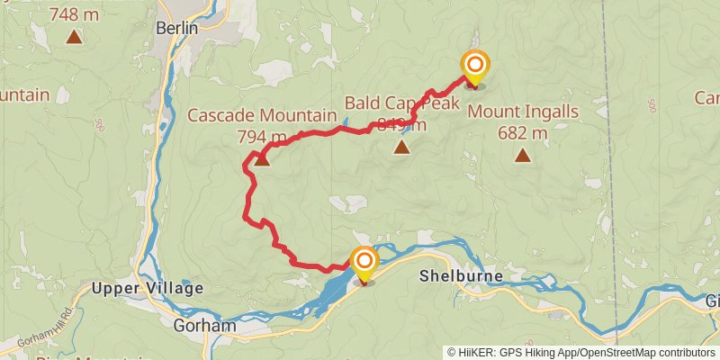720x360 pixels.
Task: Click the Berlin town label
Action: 176,28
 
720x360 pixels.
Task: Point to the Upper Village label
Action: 148,288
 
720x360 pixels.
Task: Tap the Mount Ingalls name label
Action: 522,112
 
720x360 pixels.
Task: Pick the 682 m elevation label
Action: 522,133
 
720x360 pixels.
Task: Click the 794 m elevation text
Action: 261,137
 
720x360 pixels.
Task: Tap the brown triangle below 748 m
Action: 73,37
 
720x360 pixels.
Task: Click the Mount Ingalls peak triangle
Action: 522,156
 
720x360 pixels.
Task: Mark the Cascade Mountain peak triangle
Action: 261,160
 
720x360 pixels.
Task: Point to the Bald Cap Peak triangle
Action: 401,146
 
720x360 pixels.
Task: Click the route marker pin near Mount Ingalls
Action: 474,66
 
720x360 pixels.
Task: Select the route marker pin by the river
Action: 364,262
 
